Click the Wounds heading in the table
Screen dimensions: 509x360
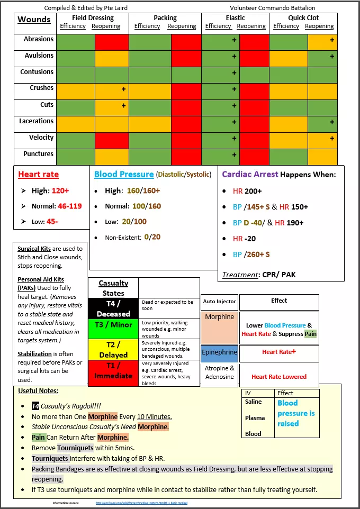point(34,20)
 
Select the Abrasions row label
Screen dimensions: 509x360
point(39,39)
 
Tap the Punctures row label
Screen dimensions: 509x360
point(38,154)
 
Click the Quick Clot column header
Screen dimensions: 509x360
point(304,18)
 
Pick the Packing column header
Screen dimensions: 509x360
point(165,18)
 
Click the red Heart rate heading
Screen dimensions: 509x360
point(38,175)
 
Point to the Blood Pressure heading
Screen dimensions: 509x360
point(124,175)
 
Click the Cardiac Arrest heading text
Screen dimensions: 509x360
point(249,174)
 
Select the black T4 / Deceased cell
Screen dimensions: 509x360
point(113,308)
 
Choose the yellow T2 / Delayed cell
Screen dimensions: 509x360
point(113,350)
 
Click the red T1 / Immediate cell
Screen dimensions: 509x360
point(113,371)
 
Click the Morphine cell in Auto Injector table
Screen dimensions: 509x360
point(219,317)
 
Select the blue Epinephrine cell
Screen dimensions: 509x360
point(219,352)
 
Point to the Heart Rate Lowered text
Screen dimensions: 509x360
point(279,377)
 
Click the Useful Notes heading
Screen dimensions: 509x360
point(38,391)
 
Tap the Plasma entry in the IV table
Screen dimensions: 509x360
point(255,418)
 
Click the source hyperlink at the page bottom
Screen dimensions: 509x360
point(141,503)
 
